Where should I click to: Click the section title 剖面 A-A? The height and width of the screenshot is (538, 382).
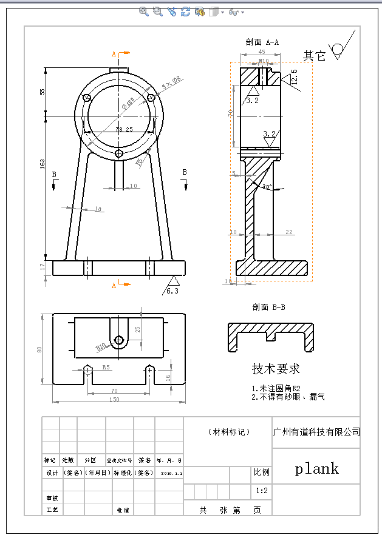(x=262, y=42)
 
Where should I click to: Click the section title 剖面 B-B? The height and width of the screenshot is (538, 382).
(x=268, y=308)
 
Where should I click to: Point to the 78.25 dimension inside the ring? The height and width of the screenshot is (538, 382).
(x=124, y=129)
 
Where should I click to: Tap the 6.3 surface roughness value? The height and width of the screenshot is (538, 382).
(x=172, y=292)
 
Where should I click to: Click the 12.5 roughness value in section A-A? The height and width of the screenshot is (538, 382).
(x=295, y=78)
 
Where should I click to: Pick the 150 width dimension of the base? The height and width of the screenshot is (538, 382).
(x=115, y=400)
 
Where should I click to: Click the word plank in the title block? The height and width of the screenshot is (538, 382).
(x=316, y=469)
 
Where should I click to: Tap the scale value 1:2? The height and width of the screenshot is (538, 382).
(x=262, y=490)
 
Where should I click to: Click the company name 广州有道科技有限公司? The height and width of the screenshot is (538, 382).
(x=316, y=432)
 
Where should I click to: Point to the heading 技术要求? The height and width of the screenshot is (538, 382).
(x=276, y=369)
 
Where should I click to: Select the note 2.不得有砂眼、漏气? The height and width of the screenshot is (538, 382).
(x=288, y=397)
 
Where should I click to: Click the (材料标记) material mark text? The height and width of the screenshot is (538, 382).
(x=228, y=432)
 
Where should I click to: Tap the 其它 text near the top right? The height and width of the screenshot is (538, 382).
(x=315, y=56)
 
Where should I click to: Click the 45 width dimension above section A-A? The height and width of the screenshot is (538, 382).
(x=262, y=53)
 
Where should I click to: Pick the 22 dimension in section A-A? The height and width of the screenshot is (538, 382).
(x=288, y=232)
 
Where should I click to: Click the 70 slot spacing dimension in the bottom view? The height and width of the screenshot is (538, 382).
(x=115, y=391)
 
